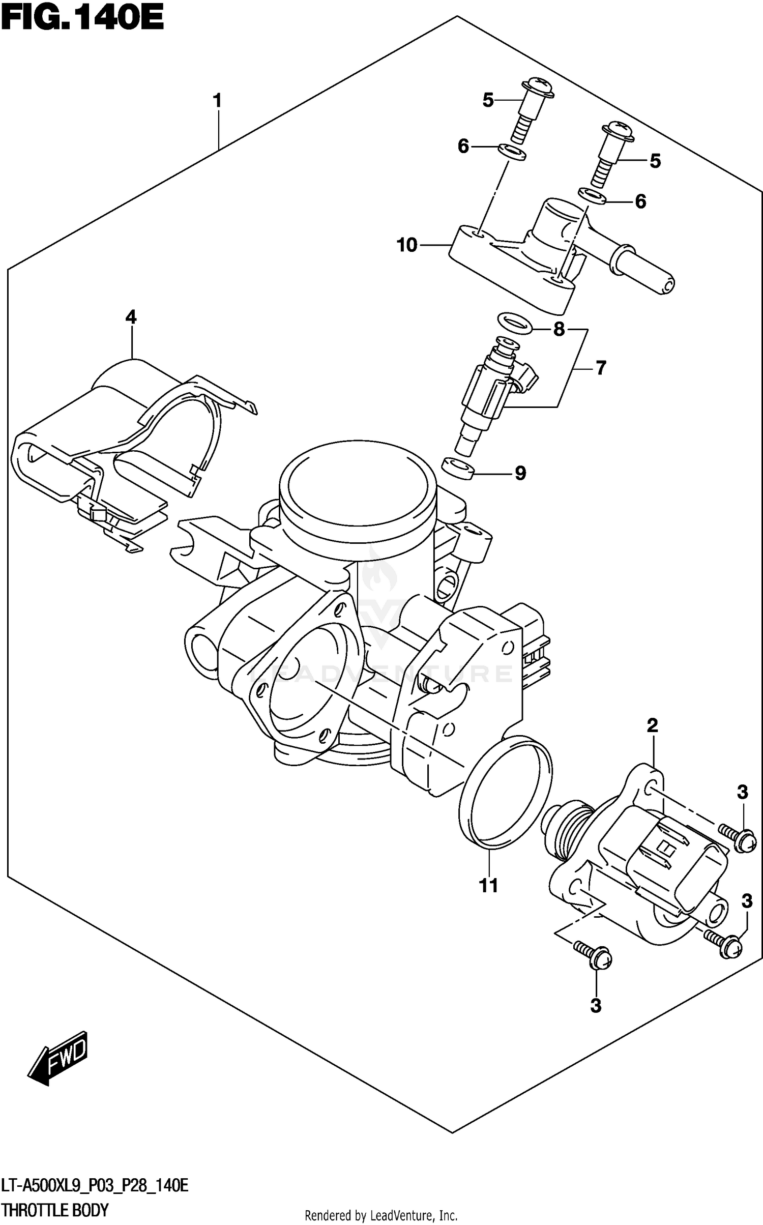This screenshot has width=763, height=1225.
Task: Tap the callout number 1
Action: pyautogui.click(x=218, y=101)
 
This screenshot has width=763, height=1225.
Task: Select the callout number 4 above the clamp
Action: pyautogui.click(x=131, y=317)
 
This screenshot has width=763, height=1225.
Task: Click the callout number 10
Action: pyautogui.click(x=407, y=245)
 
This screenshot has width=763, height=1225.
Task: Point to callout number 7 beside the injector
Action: pyautogui.click(x=601, y=367)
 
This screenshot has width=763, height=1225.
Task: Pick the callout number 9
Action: pyautogui.click(x=520, y=474)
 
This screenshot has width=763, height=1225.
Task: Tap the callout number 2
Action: pyautogui.click(x=653, y=725)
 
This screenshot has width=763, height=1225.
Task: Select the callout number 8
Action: pyautogui.click(x=559, y=330)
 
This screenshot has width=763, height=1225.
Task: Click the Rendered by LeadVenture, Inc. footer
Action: pyautogui.click(x=380, y=1216)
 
